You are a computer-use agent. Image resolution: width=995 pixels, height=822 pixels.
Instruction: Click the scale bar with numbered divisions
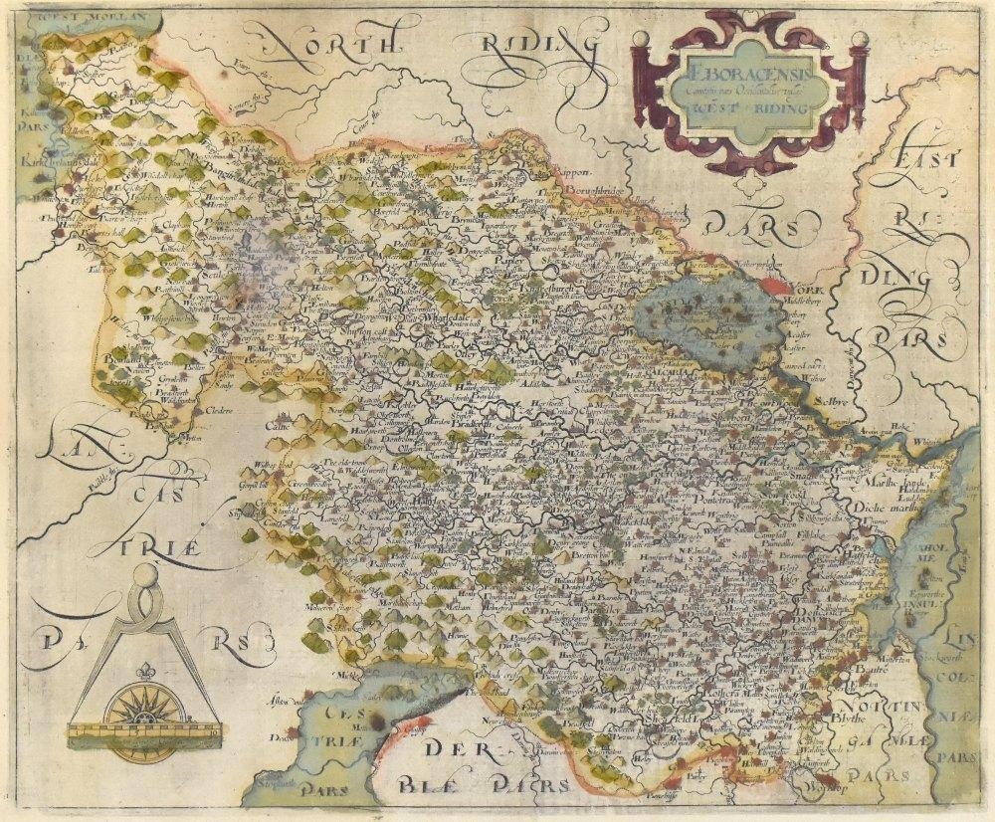(143, 735)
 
